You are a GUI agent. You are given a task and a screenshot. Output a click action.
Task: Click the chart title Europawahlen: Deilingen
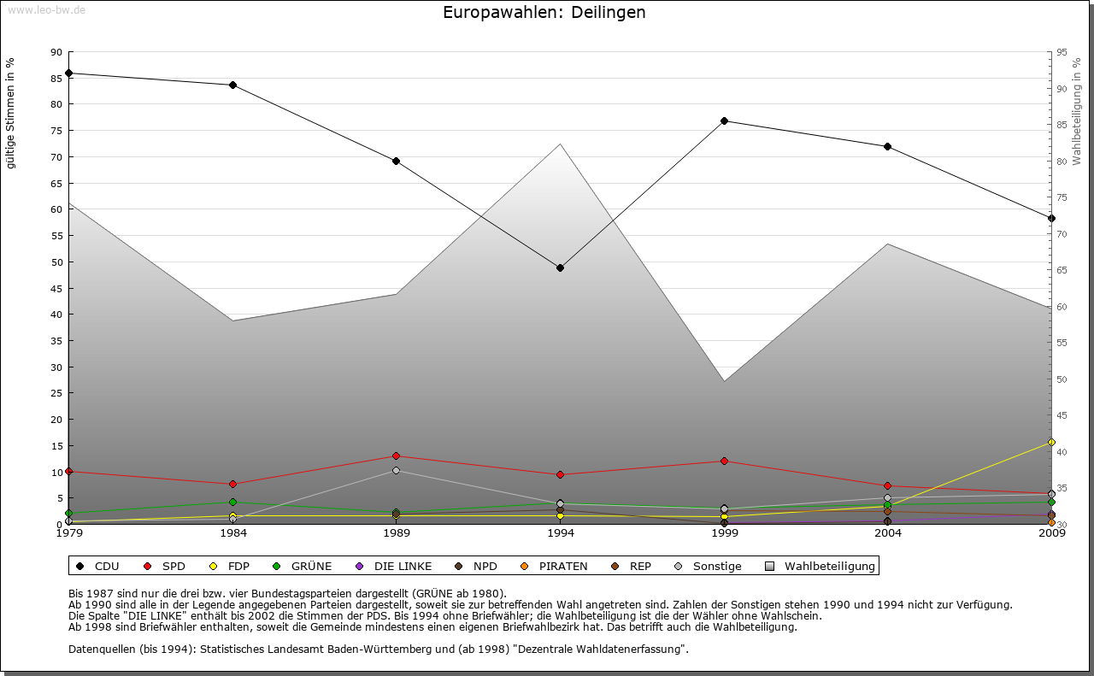click(544, 13)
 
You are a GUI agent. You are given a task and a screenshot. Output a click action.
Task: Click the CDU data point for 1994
click(560, 267)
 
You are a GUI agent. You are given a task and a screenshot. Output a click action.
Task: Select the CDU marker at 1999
click(724, 121)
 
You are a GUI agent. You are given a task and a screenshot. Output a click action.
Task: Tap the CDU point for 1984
click(232, 85)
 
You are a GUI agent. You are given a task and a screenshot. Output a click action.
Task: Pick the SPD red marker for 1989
click(396, 456)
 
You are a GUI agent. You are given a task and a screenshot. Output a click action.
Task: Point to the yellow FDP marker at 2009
click(1051, 442)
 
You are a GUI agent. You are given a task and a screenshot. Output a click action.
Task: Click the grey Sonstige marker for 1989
click(396, 470)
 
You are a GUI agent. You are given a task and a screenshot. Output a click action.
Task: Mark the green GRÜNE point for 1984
click(232, 502)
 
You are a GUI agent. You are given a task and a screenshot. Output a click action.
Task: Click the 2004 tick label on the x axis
click(887, 533)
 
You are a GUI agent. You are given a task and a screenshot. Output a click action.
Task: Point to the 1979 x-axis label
click(68, 533)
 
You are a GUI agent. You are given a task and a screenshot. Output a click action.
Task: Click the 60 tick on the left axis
click(56, 209)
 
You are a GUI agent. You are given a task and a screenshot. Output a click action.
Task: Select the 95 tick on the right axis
click(1062, 52)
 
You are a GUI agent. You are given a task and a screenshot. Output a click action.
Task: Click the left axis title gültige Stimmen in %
click(11, 113)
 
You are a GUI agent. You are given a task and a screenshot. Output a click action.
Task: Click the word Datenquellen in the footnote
click(101, 649)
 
